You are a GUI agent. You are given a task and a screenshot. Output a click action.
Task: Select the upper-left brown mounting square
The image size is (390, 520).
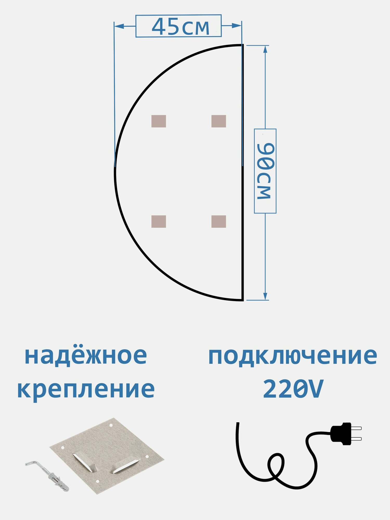[159, 121]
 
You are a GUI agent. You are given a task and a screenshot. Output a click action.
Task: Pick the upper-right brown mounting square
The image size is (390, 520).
[219, 121]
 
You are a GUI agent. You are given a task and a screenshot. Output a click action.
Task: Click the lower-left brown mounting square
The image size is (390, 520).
[159, 222]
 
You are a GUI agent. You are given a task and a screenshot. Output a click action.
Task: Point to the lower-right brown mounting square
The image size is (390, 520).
[219, 222]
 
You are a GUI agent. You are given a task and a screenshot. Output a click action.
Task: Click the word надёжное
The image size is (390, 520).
[86, 356]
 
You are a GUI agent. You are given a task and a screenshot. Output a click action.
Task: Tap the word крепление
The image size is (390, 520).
[86, 389]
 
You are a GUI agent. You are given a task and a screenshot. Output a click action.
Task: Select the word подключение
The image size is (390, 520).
[293, 356]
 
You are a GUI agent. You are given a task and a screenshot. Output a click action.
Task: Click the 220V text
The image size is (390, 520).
[293, 389]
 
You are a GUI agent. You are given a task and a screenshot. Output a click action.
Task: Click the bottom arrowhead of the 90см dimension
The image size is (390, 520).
[265, 296]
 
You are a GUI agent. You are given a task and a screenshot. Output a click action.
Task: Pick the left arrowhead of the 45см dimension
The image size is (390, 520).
[119, 26]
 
